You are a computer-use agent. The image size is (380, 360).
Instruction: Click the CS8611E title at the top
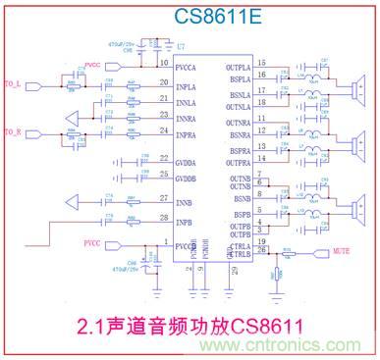(x=189, y=17)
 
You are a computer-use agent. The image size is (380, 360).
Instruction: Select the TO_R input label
(x=13, y=131)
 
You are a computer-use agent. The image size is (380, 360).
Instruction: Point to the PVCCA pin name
(x=190, y=66)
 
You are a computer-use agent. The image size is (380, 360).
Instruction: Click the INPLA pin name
(x=190, y=87)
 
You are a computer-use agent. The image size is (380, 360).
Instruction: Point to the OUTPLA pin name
(x=241, y=66)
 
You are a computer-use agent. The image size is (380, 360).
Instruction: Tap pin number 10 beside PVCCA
(x=164, y=63)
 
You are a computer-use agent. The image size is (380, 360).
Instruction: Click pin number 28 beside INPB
(x=164, y=217)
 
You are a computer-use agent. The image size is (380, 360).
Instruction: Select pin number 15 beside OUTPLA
(x=262, y=63)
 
